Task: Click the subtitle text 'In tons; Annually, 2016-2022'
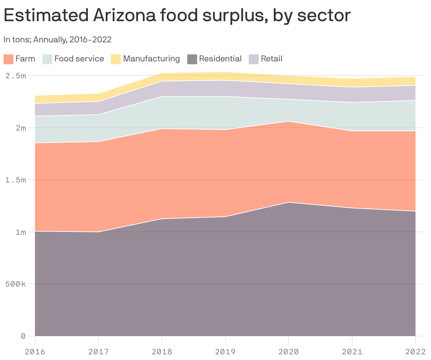coord(58,40)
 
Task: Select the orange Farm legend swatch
coord(8,59)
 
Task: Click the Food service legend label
coord(79,59)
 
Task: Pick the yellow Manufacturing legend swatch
coord(116,59)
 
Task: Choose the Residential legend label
coord(220,59)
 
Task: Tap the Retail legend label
coord(271,59)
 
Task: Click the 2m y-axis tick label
coord(20,128)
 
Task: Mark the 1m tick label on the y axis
coord(20,232)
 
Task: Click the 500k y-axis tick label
coord(15,284)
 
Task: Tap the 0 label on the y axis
coord(23,336)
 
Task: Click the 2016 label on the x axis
coord(35,352)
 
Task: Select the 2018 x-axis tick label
coord(162,352)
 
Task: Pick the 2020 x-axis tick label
coord(289,352)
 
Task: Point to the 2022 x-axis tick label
coord(415,352)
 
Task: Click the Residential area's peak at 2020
coord(289,203)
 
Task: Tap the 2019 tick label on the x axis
coord(225,352)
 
